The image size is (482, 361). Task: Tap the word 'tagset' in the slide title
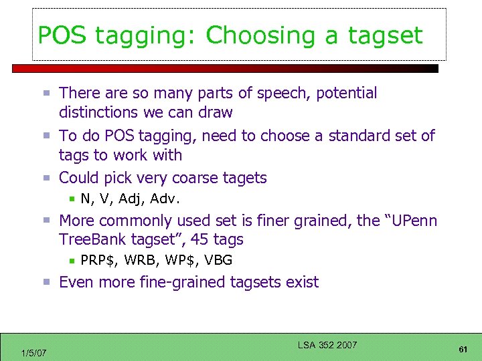[x=385, y=35]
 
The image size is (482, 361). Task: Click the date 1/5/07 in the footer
[x=33, y=352]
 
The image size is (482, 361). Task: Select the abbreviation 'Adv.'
[x=165, y=199]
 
